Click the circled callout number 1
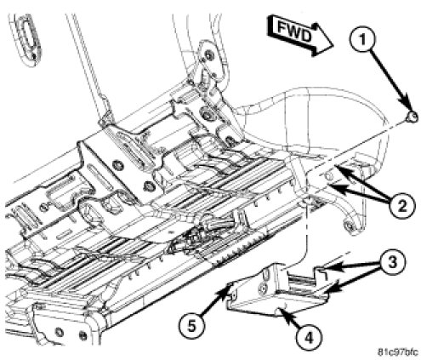[x=362, y=40]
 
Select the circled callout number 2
[x=401, y=205]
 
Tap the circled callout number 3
[x=392, y=262]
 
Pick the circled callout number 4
[x=309, y=337]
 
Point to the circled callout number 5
[x=192, y=326]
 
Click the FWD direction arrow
[x=300, y=36]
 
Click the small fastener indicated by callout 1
[x=412, y=117]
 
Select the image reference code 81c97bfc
[x=397, y=352]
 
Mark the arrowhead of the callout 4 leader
[x=282, y=311]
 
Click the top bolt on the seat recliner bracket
[x=208, y=54]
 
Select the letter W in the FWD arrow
[x=293, y=31]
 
